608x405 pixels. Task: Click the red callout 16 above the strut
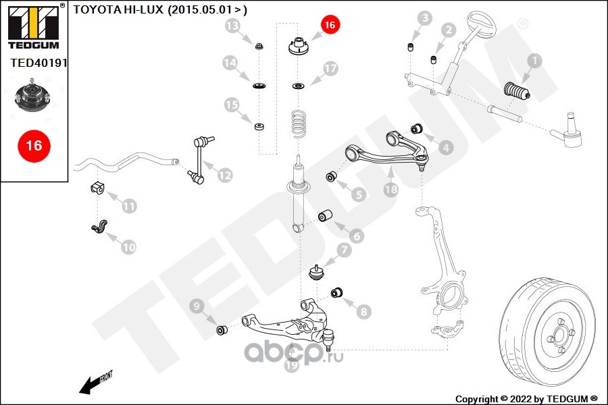[329, 25]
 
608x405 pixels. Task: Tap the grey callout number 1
[534, 61]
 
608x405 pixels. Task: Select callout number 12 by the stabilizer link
[224, 175]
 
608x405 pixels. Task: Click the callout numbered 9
[197, 308]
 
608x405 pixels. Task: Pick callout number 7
[345, 250]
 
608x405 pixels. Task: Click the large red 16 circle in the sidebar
[34, 144]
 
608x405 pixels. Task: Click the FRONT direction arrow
[95, 383]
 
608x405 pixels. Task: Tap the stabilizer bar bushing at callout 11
[96, 188]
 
